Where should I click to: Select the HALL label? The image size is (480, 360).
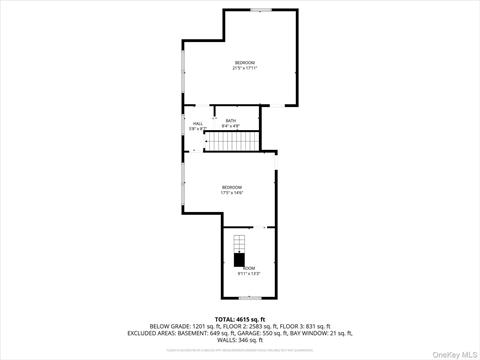pyautogui.click(x=197, y=125)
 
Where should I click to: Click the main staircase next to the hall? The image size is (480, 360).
pyautogui.click(x=233, y=142)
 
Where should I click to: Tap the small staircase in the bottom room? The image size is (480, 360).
pyautogui.click(x=239, y=246)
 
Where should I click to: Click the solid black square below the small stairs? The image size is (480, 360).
pyautogui.click(x=239, y=261)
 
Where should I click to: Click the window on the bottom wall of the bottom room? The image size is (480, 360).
pyautogui.click(x=249, y=297)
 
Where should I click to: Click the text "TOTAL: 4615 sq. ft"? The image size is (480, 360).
pyautogui.click(x=240, y=318)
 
